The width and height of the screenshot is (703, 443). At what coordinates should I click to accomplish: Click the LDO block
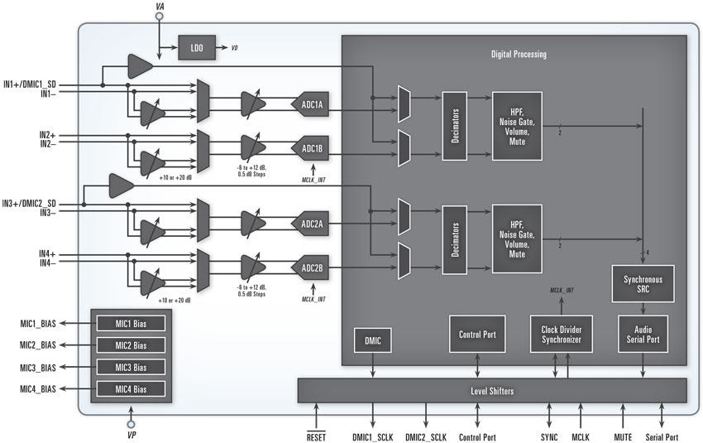click(196, 48)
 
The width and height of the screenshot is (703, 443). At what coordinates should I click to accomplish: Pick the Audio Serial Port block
click(643, 334)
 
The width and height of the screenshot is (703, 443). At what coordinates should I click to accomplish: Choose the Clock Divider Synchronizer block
click(562, 334)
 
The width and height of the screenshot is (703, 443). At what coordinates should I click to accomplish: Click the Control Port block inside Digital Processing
click(476, 335)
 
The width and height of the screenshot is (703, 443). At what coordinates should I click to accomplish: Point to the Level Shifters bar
click(492, 389)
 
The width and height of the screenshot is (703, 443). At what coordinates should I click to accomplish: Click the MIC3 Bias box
click(132, 367)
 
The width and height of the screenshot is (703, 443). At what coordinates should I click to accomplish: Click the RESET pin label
click(318, 436)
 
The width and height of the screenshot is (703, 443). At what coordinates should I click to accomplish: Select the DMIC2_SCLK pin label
click(428, 436)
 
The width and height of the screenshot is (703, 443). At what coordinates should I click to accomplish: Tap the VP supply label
click(131, 433)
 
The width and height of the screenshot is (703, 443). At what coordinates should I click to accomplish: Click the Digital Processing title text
click(519, 55)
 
